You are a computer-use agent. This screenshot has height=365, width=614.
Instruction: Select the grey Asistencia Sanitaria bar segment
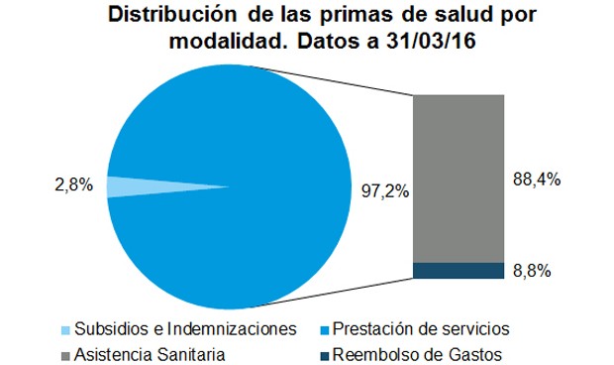point(460,179)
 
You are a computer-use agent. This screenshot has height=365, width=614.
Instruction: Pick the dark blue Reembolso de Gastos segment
point(460,271)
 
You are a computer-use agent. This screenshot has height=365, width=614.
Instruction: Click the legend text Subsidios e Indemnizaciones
point(185,328)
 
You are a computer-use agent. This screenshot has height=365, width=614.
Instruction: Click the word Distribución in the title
point(166,17)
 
